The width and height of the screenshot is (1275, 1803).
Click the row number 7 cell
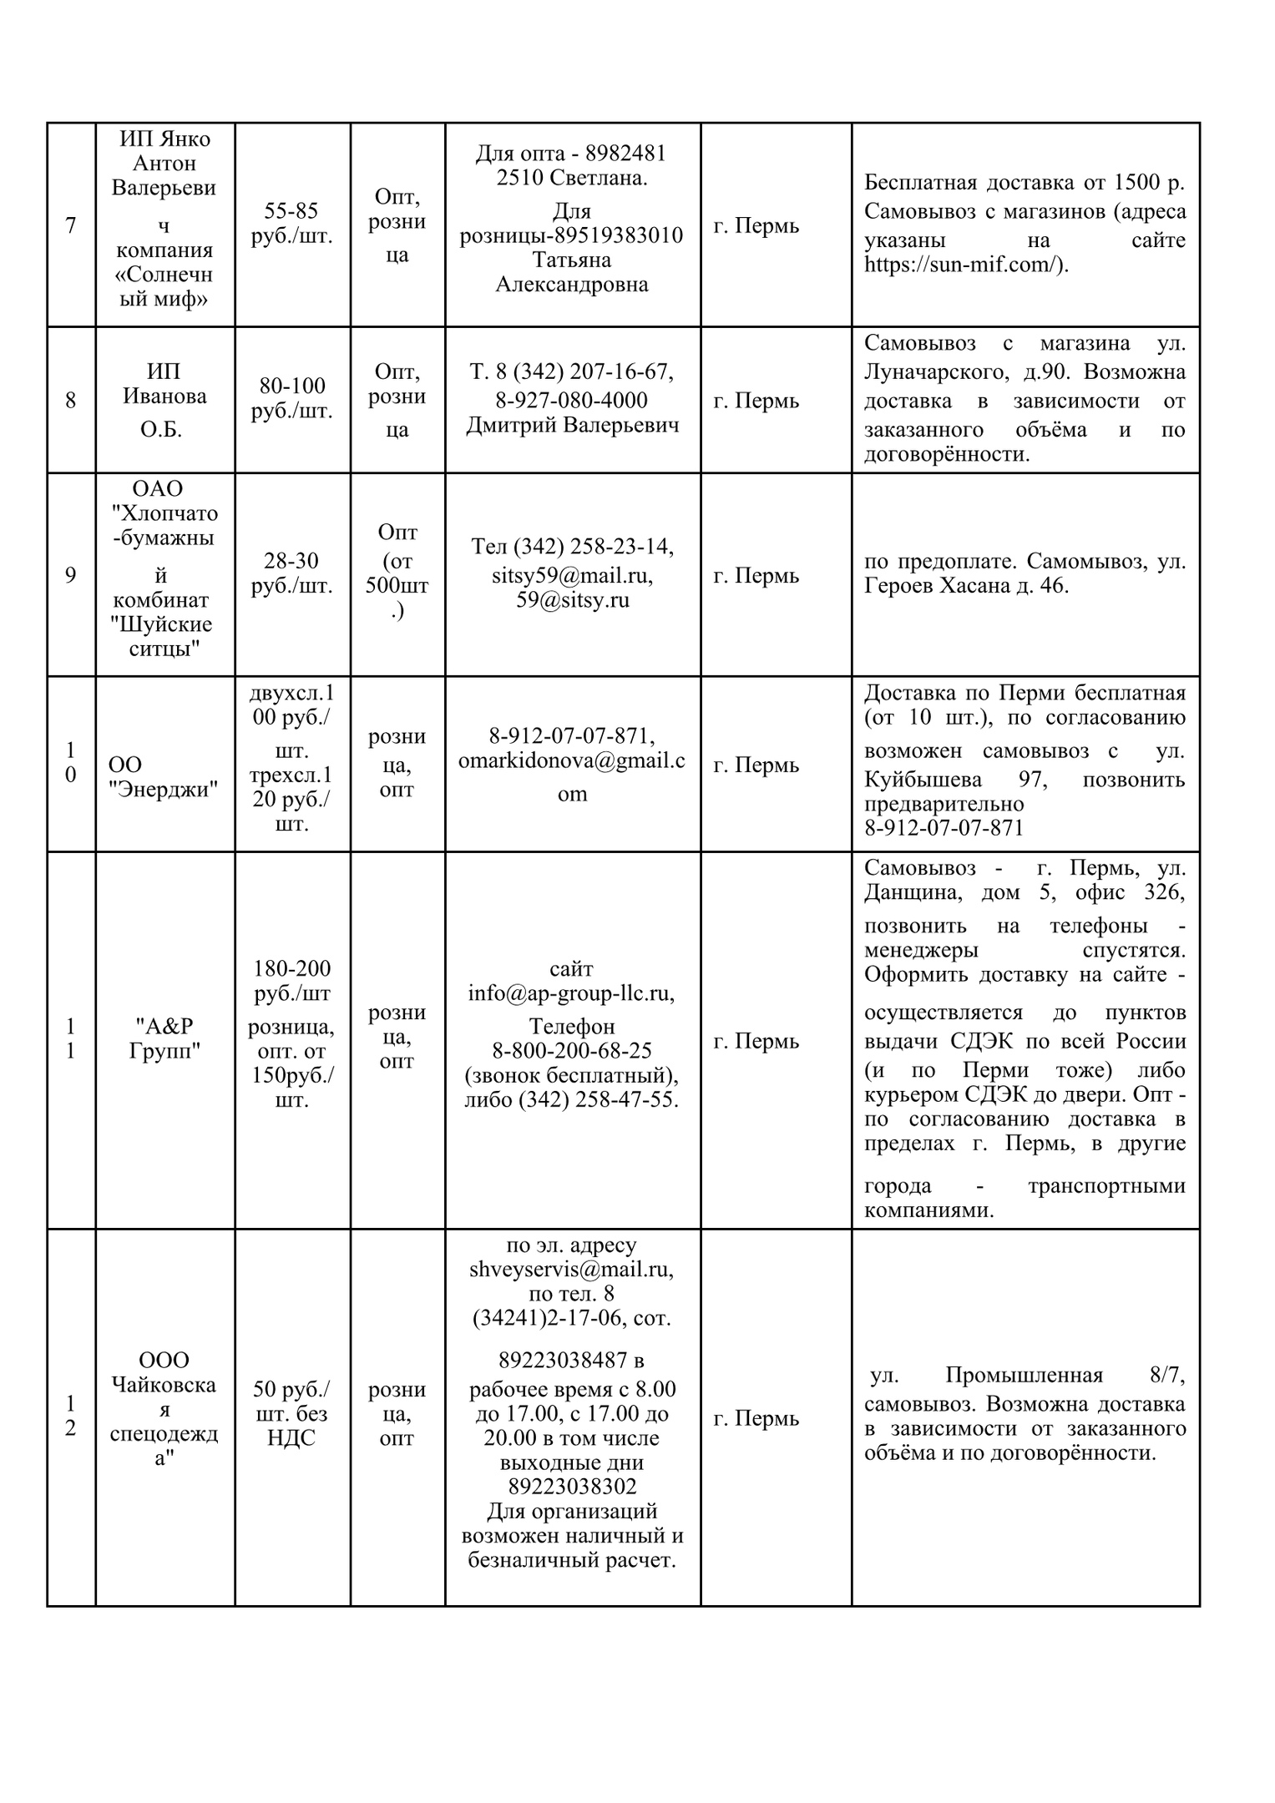coord(70,225)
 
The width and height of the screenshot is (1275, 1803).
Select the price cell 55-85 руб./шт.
coord(291,223)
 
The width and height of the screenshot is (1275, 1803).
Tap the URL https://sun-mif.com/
coord(965,265)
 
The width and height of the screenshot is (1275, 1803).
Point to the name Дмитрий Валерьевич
coord(572,425)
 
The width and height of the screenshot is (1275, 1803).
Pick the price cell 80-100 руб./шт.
coord(291,398)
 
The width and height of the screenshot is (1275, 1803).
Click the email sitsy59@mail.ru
coord(572,575)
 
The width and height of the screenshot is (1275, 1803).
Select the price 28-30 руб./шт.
coord(291,573)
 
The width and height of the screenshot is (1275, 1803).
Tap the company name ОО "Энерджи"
coord(164,776)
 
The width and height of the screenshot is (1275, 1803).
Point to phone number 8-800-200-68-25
coord(572,1051)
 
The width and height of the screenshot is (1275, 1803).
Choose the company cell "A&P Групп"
coord(164,1038)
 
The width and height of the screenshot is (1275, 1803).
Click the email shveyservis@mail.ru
coord(572,1270)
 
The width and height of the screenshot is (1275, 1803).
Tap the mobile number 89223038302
coord(572,1487)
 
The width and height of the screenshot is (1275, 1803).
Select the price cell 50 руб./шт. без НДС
coord(291,1414)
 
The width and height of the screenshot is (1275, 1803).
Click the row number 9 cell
coord(70,575)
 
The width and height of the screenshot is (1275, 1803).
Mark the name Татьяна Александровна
coord(572,272)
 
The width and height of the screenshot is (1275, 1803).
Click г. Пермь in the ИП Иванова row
coord(756,401)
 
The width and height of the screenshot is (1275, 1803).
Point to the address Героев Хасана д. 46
coord(966,586)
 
